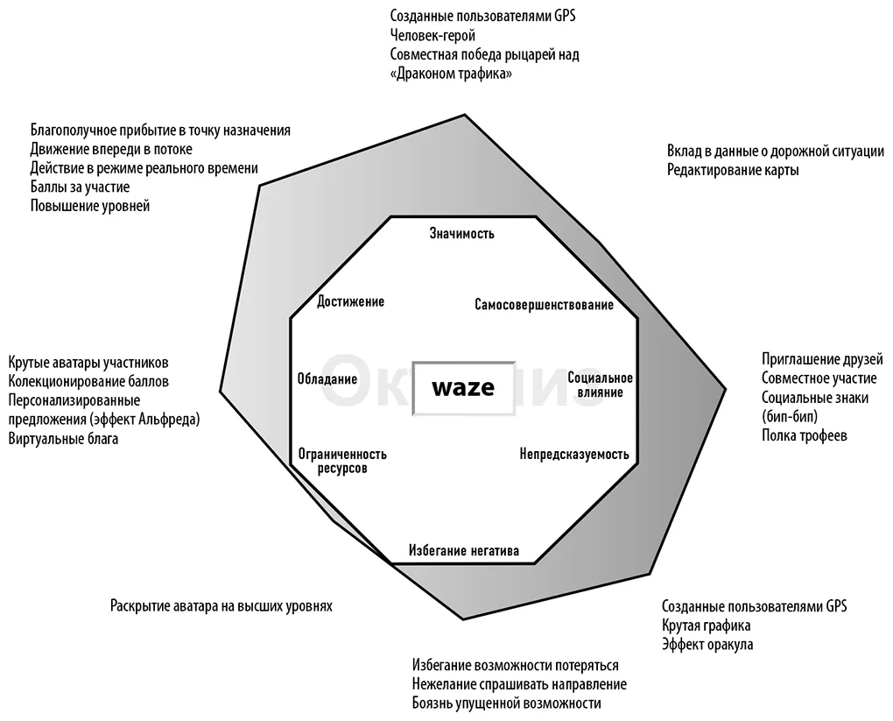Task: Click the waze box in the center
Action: (x=464, y=388)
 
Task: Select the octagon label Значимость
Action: (x=462, y=233)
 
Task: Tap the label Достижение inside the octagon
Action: (x=350, y=301)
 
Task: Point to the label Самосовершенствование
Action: (x=544, y=305)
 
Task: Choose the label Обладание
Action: (x=327, y=379)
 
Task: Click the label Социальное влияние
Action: (x=601, y=385)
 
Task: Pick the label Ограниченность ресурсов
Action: (x=342, y=461)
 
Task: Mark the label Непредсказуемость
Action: (x=574, y=455)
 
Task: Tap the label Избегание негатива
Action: (x=464, y=550)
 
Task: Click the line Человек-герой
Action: (x=432, y=35)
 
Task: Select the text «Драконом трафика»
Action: (x=451, y=74)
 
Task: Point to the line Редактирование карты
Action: (x=733, y=170)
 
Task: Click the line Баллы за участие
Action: (x=80, y=187)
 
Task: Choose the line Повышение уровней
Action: (x=90, y=206)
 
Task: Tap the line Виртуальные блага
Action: (x=63, y=439)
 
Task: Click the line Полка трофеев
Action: (x=805, y=435)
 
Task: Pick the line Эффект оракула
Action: (x=707, y=645)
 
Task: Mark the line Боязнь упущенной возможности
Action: (x=506, y=703)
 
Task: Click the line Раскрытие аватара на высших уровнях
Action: (x=221, y=605)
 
